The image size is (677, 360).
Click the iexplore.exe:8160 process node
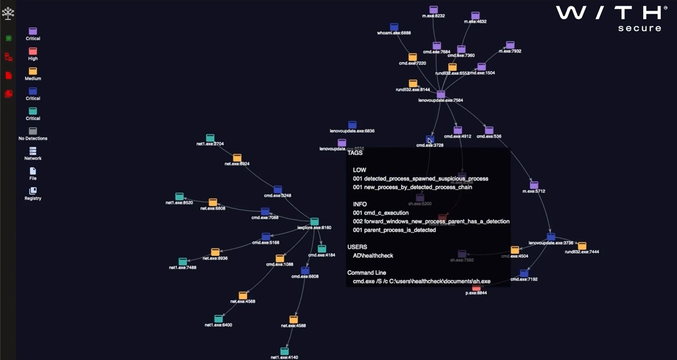(314, 222)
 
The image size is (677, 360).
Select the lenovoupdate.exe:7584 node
(441, 94)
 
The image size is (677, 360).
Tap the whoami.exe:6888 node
(394, 27)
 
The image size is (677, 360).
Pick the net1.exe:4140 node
(284, 352)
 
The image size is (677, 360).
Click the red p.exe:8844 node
(476, 288)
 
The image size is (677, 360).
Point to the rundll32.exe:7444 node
(582, 246)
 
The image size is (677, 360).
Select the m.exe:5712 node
(534, 185)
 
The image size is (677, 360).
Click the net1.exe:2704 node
(210, 138)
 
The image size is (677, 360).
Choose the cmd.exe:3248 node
(278, 190)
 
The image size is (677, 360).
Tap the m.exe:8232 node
(434, 10)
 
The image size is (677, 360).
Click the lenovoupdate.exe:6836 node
(352, 125)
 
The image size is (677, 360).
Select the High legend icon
(33, 51)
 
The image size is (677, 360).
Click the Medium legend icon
(33, 71)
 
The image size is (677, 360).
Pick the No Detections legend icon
(33, 131)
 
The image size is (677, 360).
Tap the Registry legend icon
(33, 191)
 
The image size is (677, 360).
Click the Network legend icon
(33, 151)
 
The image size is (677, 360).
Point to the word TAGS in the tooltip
(355, 153)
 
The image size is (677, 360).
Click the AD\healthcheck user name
(373, 256)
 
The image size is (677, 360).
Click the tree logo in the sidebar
(8, 14)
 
